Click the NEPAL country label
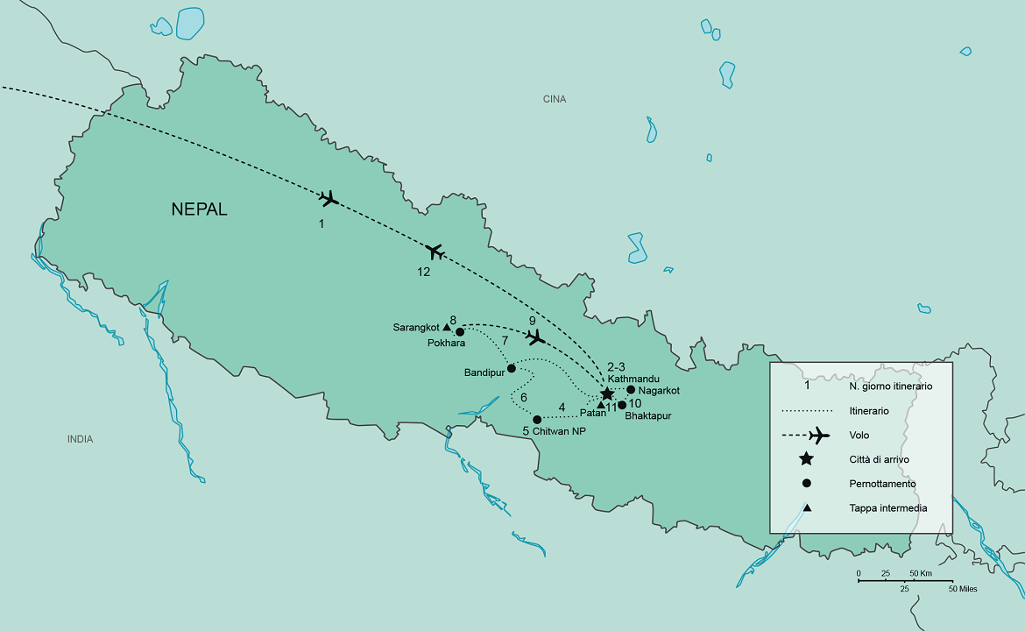[199, 209]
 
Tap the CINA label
[555, 99]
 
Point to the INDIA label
[80, 439]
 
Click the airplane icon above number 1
[329, 199]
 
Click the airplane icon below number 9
[534, 337]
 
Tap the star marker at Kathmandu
[606, 394]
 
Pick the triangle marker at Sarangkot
[447, 327]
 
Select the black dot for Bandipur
[512, 368]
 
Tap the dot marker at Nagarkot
[631, 390]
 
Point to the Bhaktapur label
[647, 415]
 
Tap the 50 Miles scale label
[963, 589]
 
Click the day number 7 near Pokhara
[505, 339]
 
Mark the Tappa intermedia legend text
[887, 507]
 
